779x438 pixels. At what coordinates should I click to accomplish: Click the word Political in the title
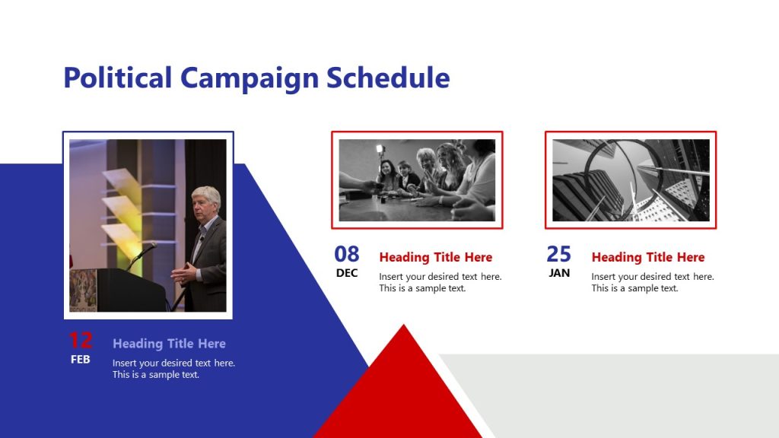[x=117, y=78]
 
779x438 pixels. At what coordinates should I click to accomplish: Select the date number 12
[x=80, y=341]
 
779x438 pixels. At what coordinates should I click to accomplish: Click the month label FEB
[x=80, y=360]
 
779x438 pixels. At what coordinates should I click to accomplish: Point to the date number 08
[x=347, y=254]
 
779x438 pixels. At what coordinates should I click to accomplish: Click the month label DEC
[x=347, y=273]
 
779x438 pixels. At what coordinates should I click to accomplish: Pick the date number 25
[x=559, y=254]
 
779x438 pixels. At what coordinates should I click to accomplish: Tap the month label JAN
[x=559, y=273]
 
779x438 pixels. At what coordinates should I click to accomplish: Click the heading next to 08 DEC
[x=435, y=258]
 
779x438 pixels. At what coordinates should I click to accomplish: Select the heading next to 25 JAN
[x=647, y=258]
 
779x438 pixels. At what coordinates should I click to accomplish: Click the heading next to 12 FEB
[x=169, y=344]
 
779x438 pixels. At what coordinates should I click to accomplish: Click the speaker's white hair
[x=205, y=195]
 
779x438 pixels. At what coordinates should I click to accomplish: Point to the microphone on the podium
[x=148, y=248]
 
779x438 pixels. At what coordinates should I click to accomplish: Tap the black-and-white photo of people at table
[x=417, y=180]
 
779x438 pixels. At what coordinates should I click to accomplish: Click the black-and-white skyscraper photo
[x=631, y=180]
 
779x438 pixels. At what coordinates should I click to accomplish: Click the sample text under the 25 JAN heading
[x=652, y=282]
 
